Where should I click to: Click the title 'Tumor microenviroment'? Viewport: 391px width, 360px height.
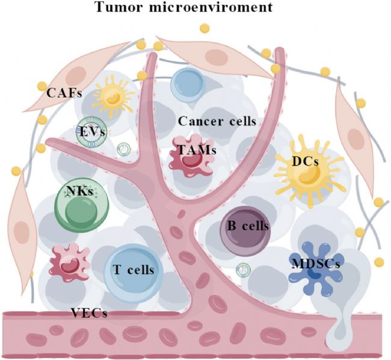(x=195, y=8)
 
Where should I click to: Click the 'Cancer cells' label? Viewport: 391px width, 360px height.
(x=218, y=121)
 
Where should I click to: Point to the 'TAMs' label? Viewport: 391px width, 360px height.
(x=195, y=151)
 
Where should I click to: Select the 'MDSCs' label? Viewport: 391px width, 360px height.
(x=316, y=263)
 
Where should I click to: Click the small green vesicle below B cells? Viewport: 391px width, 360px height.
(x=243, y=270)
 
